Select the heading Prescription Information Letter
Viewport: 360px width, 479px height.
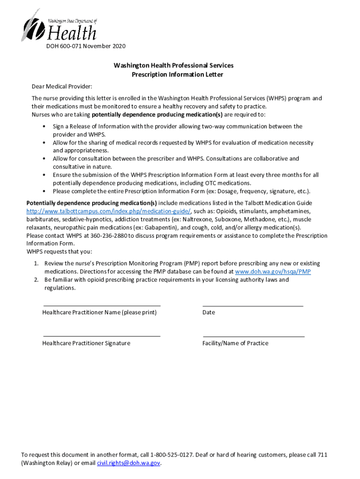[173, 74]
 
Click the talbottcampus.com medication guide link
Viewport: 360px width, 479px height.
[108, 211]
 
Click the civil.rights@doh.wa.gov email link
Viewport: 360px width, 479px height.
[129, 463]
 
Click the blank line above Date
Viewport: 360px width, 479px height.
[252, 305]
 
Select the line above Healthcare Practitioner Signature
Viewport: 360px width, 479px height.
[101, 336]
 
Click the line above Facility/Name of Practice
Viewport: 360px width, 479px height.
[253, 336]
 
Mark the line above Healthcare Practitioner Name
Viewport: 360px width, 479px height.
[101, 305]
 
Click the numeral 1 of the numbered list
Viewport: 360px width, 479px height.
[36, 264]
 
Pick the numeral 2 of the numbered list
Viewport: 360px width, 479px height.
[36, 280]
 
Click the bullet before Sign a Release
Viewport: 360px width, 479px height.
[43, 126]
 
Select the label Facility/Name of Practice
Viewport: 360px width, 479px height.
[235, 343]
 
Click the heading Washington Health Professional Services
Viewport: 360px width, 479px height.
[173, 65]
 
